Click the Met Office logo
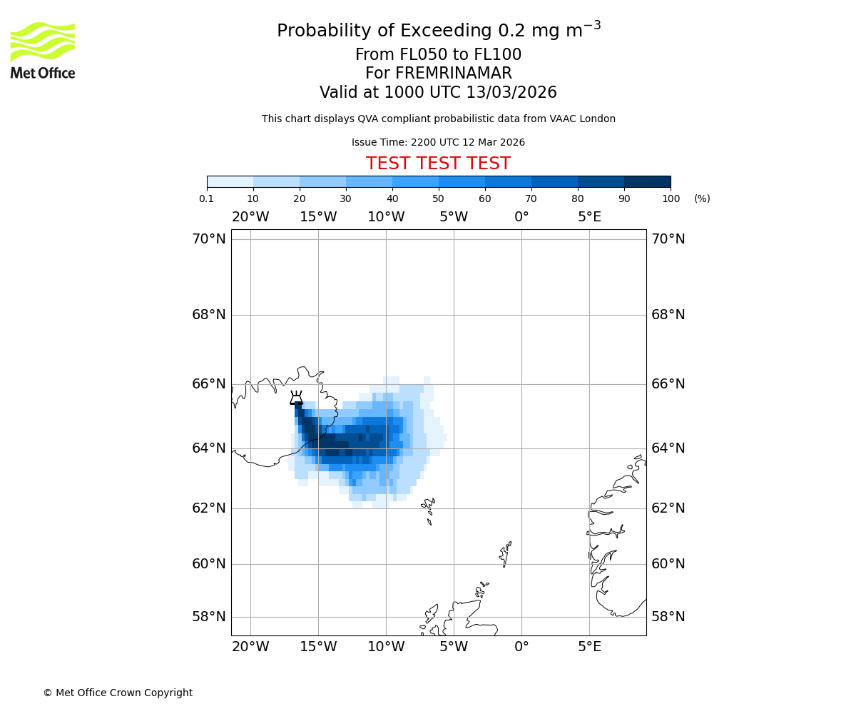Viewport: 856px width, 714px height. click(43, 50)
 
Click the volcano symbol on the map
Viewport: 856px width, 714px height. click(296, 398)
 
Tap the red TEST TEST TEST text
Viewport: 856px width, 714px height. click(438, 164)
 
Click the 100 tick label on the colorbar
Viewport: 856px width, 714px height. click(671, 198)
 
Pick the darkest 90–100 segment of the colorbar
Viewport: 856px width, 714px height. click(647, 181)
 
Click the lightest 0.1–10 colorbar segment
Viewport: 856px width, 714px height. click(230, 181)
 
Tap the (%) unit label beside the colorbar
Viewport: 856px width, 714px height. click(702, 198)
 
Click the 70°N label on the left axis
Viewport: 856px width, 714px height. click(208, 239)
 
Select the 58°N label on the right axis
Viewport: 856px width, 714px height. click(668, 617)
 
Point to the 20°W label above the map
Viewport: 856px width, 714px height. click(250, 217)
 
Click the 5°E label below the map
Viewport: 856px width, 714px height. click(589, 647)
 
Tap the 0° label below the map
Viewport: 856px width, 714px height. click(521, 647)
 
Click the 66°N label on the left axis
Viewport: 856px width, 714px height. click(208, 384)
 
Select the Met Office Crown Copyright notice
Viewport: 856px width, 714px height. click(118, 693)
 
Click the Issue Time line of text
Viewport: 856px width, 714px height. click(438, 143)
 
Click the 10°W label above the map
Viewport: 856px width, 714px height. click(386, 217)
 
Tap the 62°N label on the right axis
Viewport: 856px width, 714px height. click(668, 508)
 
